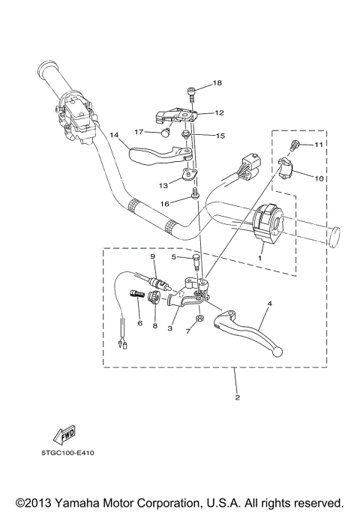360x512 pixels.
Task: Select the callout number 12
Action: point(219,113)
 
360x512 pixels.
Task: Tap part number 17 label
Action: point(139,132)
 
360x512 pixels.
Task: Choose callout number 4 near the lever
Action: point(269,304)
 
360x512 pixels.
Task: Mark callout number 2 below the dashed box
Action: point(237,397)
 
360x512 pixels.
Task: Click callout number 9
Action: point(152,257)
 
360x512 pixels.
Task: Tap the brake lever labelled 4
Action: point(247,330)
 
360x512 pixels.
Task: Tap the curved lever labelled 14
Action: point(150,157)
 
